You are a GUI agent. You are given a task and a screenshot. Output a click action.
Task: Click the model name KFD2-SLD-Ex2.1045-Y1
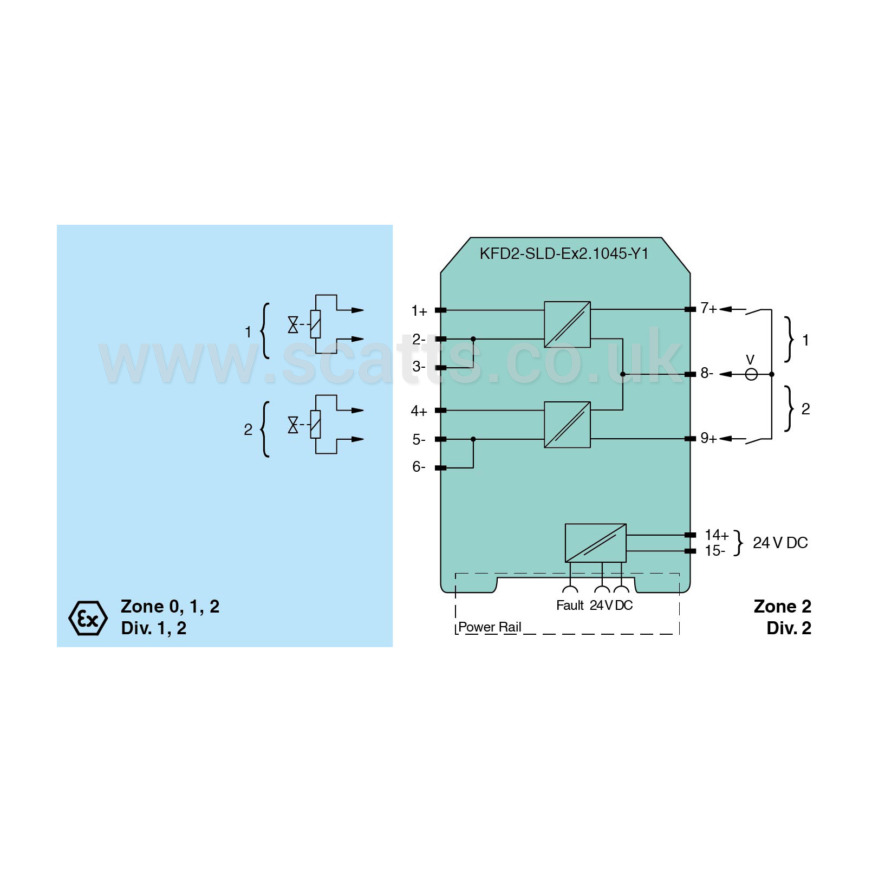click(564, 253)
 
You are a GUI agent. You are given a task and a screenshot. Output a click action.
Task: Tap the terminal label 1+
click(419, 311)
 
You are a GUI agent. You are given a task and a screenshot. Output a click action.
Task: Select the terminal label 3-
click(419, 367)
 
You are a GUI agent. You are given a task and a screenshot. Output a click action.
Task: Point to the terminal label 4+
click(419, 411)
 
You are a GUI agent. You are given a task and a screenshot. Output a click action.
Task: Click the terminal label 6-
click(419, 466)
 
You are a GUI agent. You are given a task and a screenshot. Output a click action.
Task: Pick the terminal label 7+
click(708, 308)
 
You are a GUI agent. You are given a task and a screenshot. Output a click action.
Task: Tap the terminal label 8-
click(707, 373)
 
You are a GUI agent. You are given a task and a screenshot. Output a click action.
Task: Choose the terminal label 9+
click(708, 438)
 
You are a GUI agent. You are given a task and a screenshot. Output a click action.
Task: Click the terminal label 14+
click(717, 535)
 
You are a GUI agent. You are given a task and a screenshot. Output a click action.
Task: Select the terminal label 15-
click(714, 551)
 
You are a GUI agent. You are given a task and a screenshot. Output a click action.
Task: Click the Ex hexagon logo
click(88, 618)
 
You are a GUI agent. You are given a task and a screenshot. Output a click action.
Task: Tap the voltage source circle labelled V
click(751, 374)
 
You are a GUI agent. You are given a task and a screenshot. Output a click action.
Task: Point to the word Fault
click(570, 606)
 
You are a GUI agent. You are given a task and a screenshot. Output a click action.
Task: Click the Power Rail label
click(490, 627)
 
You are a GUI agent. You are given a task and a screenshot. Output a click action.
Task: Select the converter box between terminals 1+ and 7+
click(567, 324)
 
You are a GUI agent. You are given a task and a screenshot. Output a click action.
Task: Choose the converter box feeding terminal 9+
click(567, 425)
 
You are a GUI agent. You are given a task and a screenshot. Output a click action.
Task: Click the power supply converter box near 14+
click(595, 543)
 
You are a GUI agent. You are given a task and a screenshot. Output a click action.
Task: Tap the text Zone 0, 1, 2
click(170, 607)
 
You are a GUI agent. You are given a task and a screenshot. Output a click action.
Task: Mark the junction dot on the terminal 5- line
click(473, 439)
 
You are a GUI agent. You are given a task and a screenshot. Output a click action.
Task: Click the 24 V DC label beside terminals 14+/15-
click(780, 543)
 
